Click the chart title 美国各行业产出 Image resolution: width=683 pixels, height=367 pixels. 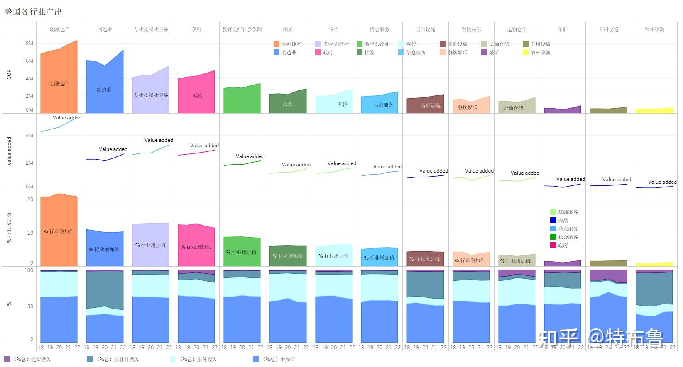pyautogui.click(x=33, y=12)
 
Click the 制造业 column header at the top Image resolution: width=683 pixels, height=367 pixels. pyautogui.click(x=105, y=29)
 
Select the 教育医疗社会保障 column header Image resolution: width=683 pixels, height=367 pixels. pyautogui.click(x=242, y=29)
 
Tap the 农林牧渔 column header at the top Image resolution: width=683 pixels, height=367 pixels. pyautogui.click(x=654, y=29)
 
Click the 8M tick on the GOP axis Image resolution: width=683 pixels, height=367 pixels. pyautogui.click(x=29, y=44)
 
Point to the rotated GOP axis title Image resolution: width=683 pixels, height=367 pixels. pyautogui.click(x=9, y=75)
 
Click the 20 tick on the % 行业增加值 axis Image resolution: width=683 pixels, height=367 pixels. pyautogui.click(x=30, y=199)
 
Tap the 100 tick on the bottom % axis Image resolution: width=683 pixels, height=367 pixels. pyautogui.click(x=29, y=270)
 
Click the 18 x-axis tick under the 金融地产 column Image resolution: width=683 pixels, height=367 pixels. pyautogui.click(x=41, y=348)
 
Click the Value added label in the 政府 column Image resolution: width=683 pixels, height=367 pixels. pyautogui.click(x=204, y=146)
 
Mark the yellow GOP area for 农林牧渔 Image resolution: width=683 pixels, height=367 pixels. pyautogui.click(x=654, y=111)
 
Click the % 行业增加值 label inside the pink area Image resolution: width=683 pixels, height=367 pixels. pyautogui.click(x=196, y=247)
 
